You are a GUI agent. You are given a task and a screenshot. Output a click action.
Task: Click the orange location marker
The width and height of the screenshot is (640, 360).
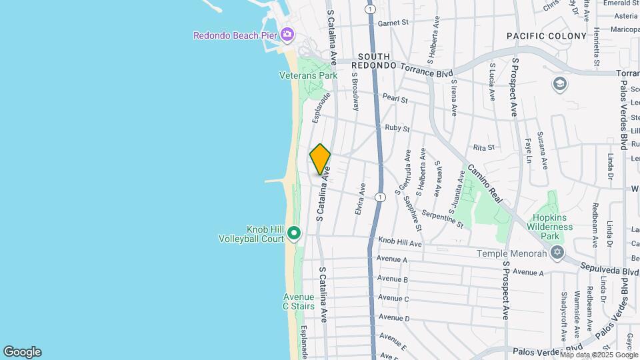point(320,159)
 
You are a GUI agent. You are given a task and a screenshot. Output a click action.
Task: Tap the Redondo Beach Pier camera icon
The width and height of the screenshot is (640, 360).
point(287,34)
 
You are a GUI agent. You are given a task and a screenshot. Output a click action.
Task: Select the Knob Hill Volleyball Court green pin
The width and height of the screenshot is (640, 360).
point(294,233)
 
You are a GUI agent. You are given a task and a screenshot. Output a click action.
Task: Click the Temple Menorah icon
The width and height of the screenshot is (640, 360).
point(557,253)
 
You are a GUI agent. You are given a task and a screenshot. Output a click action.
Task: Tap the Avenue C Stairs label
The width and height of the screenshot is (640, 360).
point(298,301)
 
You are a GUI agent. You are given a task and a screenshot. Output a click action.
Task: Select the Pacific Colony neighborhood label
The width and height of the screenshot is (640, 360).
point(546,36)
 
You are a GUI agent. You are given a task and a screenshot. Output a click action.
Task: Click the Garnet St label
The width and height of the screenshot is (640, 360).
point(393,23)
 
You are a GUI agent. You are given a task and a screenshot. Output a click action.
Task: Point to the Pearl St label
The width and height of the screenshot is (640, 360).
point(395,99)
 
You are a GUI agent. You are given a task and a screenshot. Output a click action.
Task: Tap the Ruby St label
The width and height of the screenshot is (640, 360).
point(397,127)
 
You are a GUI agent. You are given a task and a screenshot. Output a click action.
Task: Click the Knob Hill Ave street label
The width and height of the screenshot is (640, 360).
point(400,243)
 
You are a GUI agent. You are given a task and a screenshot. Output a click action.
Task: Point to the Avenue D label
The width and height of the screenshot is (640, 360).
point(393,319)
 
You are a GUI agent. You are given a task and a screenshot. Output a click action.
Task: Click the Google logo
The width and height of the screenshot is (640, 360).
point(22,352)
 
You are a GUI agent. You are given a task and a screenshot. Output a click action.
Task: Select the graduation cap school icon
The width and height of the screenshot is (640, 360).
point(559,84)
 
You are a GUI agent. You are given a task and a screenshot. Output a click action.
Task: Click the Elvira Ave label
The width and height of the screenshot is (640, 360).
point(361,199)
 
